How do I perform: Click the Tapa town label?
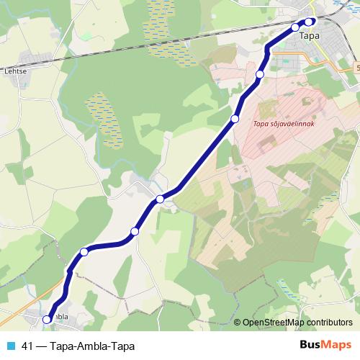pos(309,35)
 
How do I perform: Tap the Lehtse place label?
pos(16,71)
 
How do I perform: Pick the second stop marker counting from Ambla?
pos(84,251)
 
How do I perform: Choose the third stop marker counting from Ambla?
pos(135,231)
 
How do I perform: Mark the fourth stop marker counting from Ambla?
pos(160,199)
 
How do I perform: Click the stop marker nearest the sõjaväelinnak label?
pos(235,119)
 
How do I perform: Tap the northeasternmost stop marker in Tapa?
pos(310,22)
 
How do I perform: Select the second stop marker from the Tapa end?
pos(295,27)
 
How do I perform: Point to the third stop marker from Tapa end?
pos(260,74)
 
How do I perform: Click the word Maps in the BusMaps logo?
pos(337,346)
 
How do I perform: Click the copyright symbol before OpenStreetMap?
pos(238,323)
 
